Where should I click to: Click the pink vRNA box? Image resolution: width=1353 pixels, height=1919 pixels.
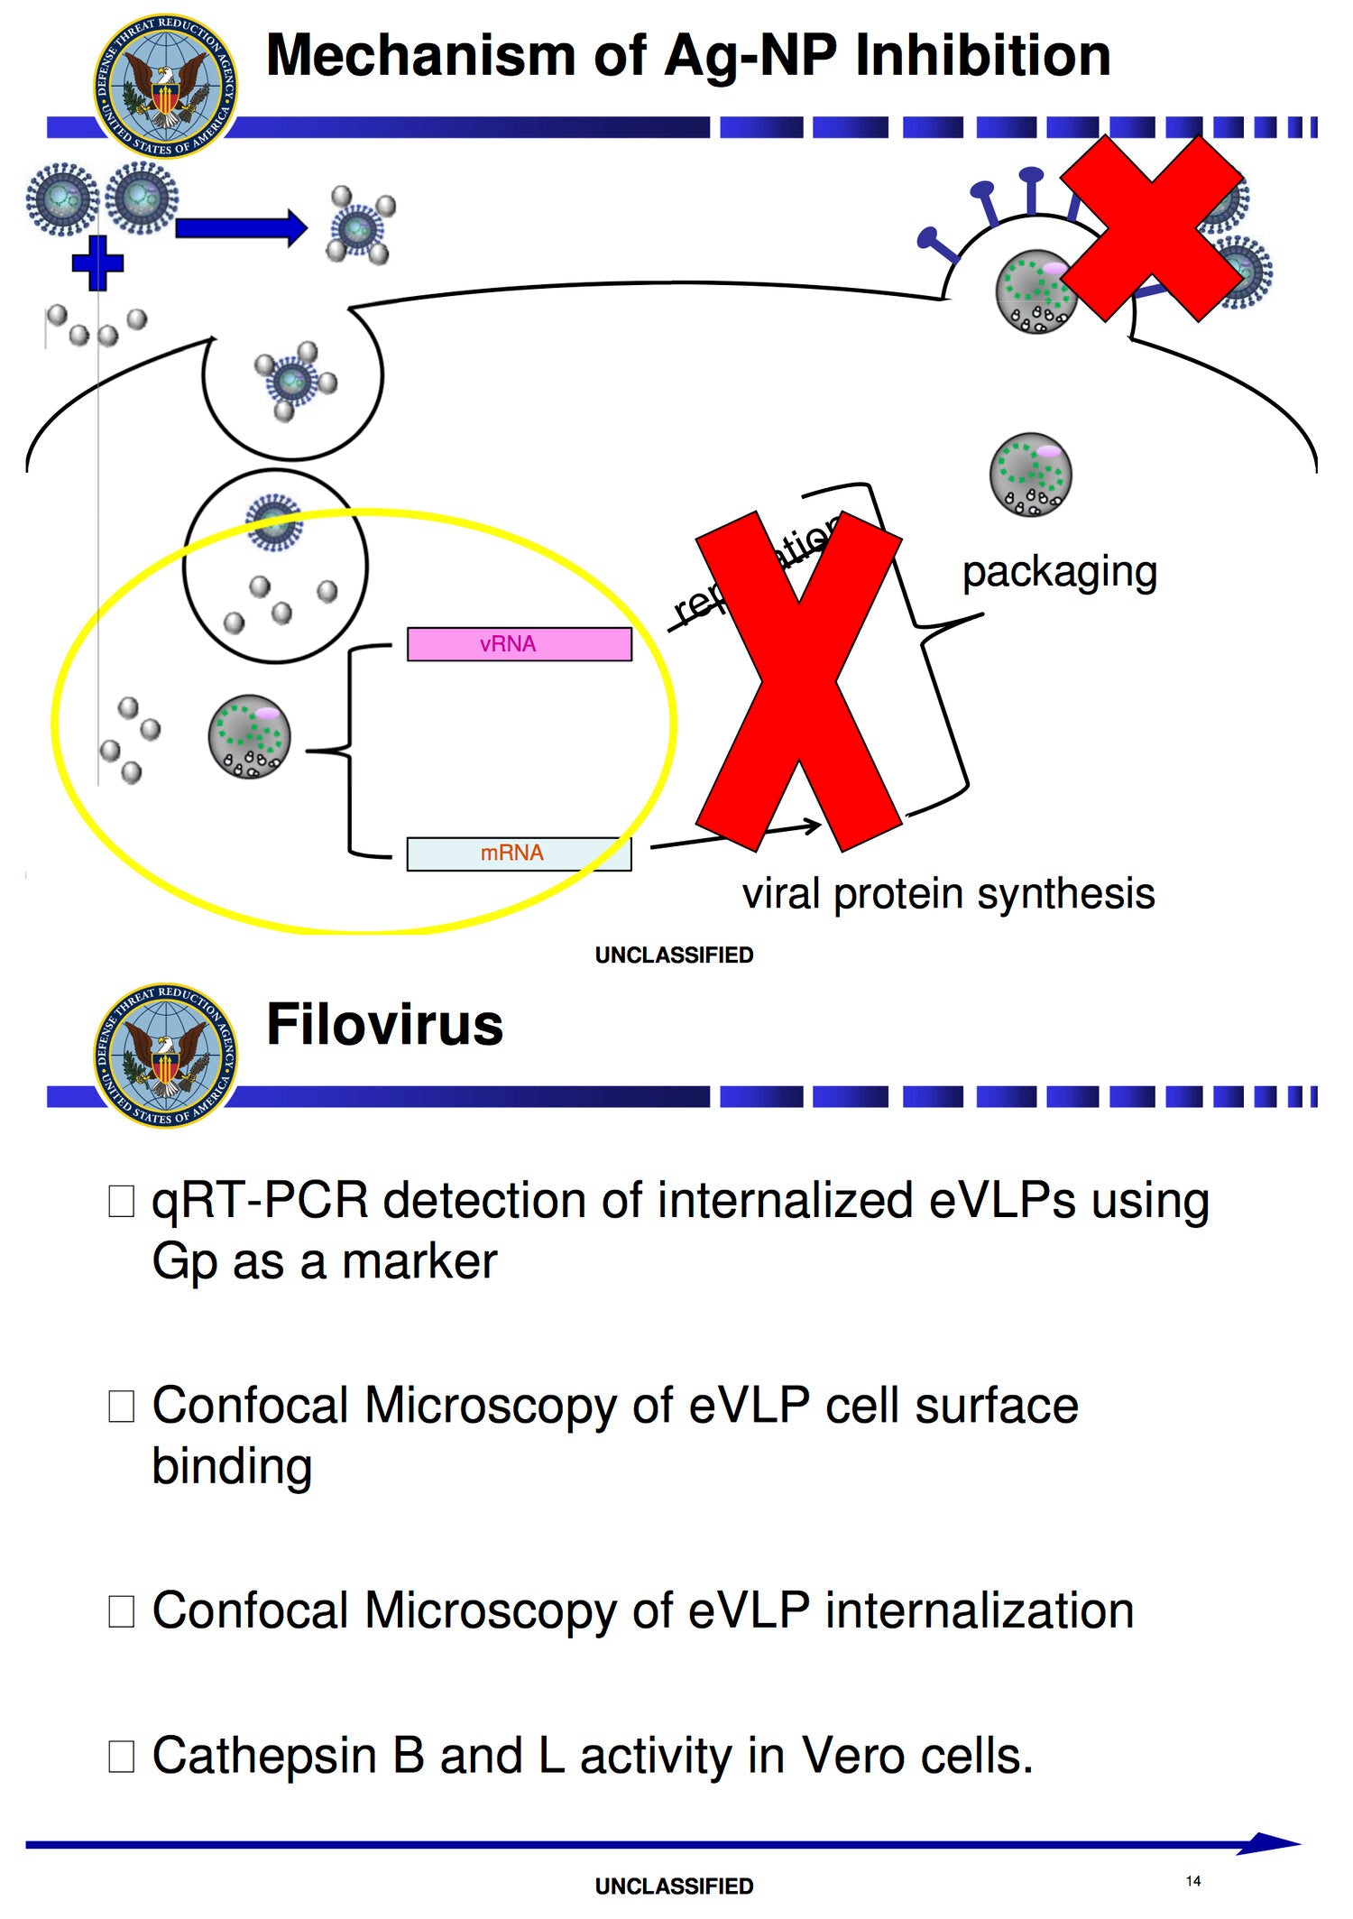click(x=519, y=644)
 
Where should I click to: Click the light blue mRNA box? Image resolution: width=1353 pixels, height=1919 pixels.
click(x=519, y=853)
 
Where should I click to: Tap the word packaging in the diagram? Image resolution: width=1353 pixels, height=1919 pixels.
click(x=1059, y=572)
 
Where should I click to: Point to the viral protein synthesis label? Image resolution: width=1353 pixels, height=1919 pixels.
click(x=947, y=894)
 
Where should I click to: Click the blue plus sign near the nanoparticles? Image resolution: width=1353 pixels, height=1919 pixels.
click(x=97, y=263)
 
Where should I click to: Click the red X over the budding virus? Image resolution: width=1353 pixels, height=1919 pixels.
click(x=1153, y=227)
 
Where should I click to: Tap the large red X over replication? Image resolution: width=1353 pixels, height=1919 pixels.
click(x=799, y=681)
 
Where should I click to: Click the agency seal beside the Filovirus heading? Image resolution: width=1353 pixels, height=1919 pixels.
click(x=166, y=1056)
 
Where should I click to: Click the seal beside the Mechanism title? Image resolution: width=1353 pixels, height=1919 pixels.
click(x=166, y=86)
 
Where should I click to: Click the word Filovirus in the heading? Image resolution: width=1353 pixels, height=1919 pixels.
click(x=384, y=1025)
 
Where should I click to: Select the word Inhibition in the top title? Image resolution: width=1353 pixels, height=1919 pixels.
click(x=982, y=56)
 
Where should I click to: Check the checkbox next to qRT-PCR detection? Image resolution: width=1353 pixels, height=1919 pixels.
click(x=122, y=1201)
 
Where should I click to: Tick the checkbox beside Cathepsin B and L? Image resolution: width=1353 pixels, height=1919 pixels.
click(x=122, y=1757)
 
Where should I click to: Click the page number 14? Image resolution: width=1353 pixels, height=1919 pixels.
click(x=1193, y=1881)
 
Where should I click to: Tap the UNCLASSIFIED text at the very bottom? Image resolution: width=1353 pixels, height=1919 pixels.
click(x=674, y=1887)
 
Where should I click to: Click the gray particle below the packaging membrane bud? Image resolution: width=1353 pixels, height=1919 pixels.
click(x=1030, y=475)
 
